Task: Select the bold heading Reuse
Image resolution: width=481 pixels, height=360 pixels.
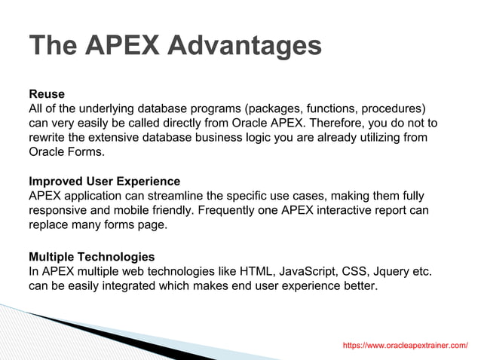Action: coord(47,94)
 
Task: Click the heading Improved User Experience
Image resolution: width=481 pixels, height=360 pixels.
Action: coord(104,182)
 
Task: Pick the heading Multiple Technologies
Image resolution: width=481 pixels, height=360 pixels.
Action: coord(91,256)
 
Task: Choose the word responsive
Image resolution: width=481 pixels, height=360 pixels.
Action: coord(61,210)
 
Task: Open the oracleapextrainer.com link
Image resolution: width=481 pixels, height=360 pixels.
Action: coord(405,345)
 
